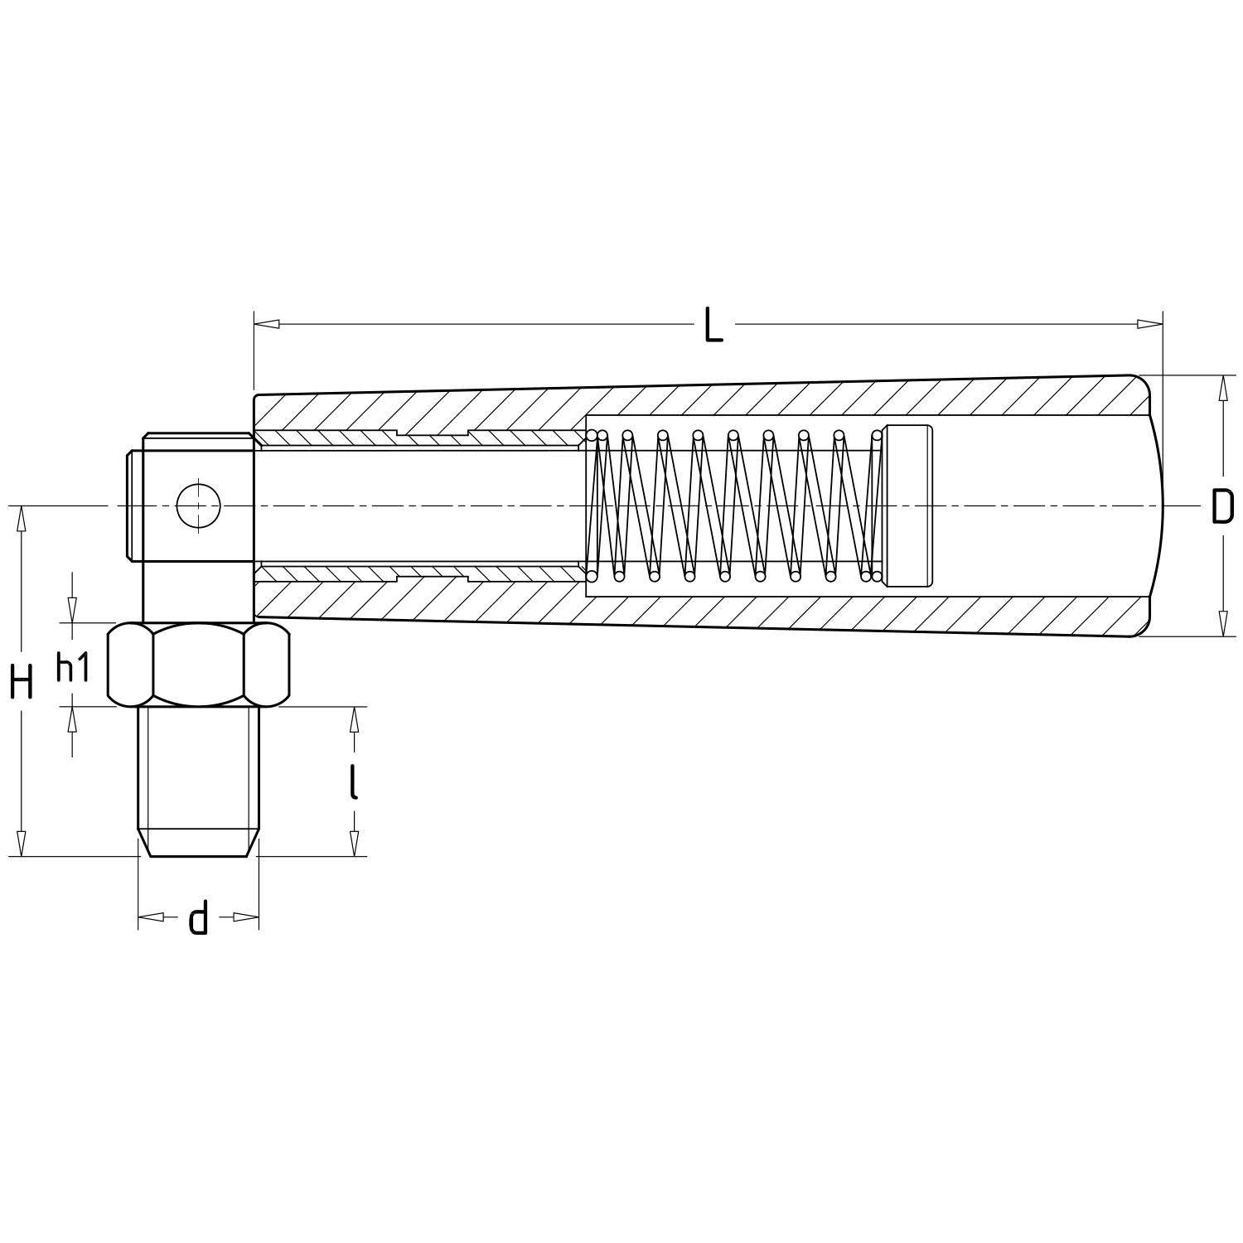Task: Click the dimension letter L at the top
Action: pos(713,324)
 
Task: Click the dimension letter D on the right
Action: pos(1222,506)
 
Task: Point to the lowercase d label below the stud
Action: pos(197,917)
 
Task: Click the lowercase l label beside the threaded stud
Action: pos(354,781)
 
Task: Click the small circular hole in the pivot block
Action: pos(199,504)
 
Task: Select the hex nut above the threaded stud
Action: pos(199,665)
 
